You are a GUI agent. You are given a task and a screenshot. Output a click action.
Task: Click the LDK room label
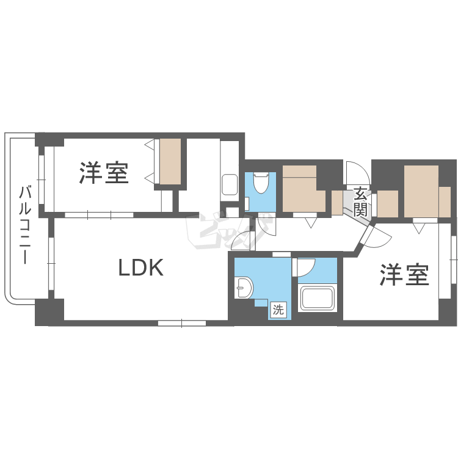pyautogui.click(x=140, y=267)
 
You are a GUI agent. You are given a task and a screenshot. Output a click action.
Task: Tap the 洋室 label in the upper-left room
pyautogui.click(x=104, y=173)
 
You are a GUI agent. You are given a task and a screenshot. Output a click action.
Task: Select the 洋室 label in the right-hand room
pyautogui.click(x=404, y=275)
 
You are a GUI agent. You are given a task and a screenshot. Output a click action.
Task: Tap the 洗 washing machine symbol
pyautogui.click(x=278, y=310)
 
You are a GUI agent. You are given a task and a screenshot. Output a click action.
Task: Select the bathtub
pyautogui.click(x=318, y=299)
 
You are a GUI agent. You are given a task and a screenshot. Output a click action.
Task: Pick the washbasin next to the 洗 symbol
pyautogui.click(x=244, y=287)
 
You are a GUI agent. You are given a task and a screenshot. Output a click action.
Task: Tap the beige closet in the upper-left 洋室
pyautogui.click(x=170, y=161)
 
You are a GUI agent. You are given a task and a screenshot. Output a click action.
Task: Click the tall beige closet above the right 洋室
pyautogui.click(x=421, y=191)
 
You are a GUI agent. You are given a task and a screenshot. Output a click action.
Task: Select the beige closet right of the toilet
pyautogui.click(x=304, y=189)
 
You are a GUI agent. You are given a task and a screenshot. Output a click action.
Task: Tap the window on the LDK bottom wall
pyautogui.click(x=181, y=322)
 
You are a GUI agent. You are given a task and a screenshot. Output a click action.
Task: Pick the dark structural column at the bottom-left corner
pyautogui.click(x=49, y=312)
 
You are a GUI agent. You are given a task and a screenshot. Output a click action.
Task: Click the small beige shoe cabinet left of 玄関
pyautogui.click(x=336, y=202)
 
